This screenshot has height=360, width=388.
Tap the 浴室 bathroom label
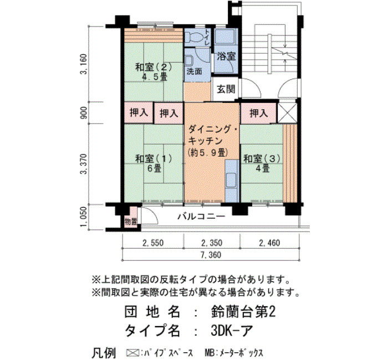[x=226, y=56]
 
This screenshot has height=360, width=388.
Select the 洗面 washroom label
[x=194, y=71]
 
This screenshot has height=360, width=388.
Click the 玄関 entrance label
[x=226, y=89]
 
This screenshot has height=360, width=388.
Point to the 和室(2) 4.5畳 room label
[x=154, y=71]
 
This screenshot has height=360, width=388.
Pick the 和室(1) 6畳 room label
[x=154, y=163]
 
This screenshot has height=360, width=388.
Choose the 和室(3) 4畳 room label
[x=262, y=163]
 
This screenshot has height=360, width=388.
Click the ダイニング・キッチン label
[x=212, y=135]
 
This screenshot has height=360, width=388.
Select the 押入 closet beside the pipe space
[x=258, y=113]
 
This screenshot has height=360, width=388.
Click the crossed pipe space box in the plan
[x=287, y=113]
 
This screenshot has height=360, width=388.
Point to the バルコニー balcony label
[x=201, y=217]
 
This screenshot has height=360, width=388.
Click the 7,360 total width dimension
[x=211, y=255]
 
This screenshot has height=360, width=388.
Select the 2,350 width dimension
[x=212, y=243]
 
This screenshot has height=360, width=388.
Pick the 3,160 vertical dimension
[x=84, y=64]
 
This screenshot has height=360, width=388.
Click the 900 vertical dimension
[x=84, y=113]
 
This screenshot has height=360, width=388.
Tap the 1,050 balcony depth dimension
[x=84, y=217]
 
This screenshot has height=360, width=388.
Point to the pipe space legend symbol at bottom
[x=132, y=352]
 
